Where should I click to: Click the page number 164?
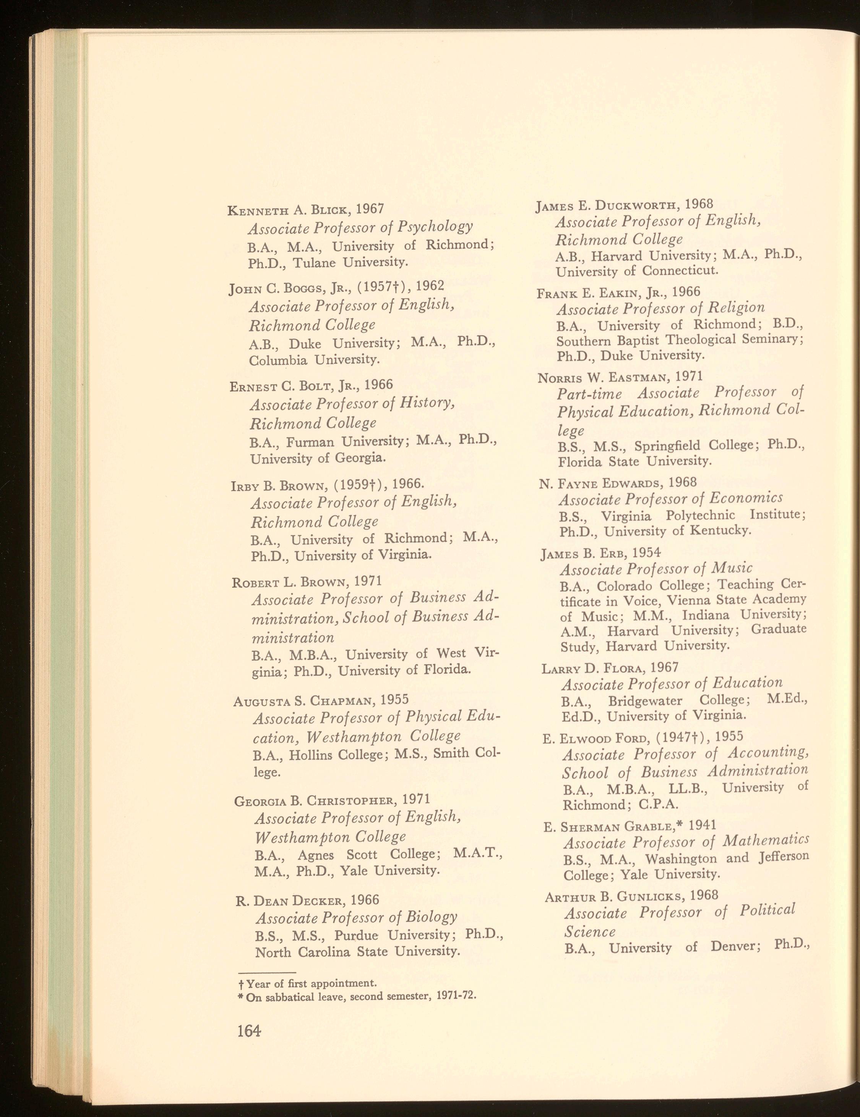click(249, 1031)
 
